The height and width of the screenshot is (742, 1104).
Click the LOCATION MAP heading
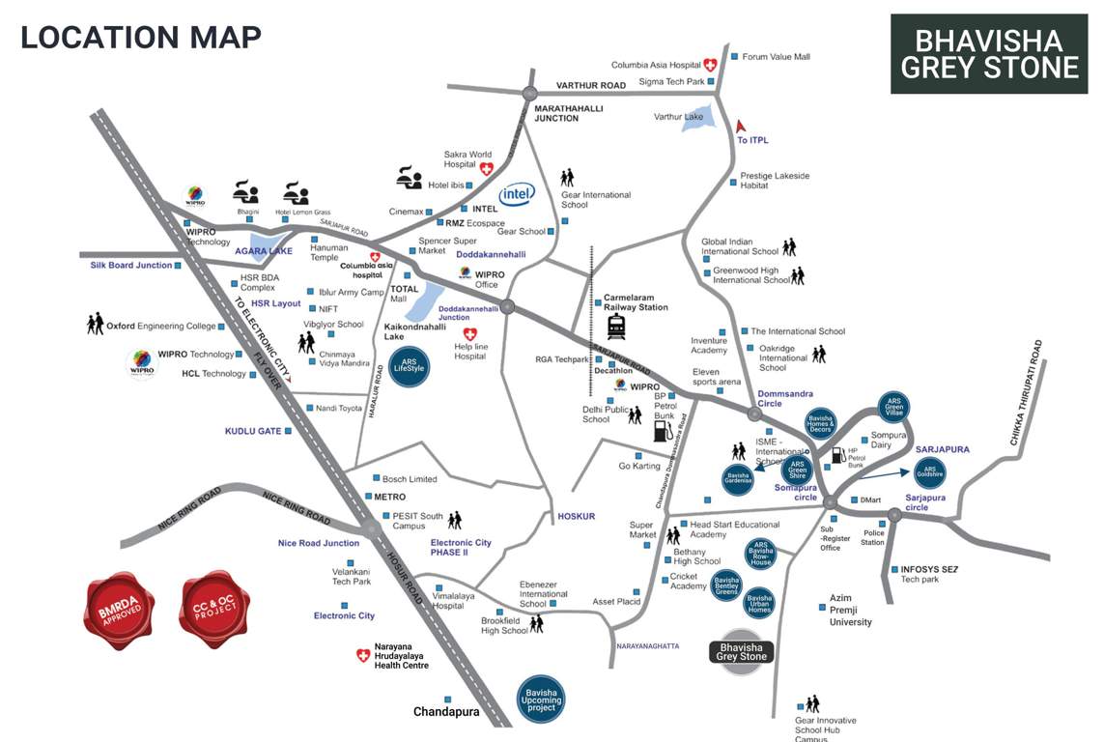[x=141, y=37]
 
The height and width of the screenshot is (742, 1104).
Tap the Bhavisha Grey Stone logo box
[x=989, y=54]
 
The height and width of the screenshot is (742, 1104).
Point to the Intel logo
[x=518, y=194]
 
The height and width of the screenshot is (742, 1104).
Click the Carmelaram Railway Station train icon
[x=615, y=327]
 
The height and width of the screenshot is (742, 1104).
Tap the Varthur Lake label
[x=678, y=117]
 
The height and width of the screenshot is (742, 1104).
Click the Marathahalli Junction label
[x=569, y=113]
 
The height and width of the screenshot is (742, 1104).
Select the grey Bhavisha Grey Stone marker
[x=742, y=652]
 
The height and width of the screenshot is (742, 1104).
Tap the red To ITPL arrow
[x=742, y=126]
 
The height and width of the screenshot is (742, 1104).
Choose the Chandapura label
[x=446, y=712]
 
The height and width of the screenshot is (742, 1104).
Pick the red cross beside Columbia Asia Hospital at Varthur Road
[x=711, y=65]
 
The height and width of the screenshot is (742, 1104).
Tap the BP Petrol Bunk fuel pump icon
[x=662, y=431]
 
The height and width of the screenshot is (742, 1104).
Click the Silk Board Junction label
[x=131, y=265]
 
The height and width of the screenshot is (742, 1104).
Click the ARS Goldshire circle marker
[x=930, y=471]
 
